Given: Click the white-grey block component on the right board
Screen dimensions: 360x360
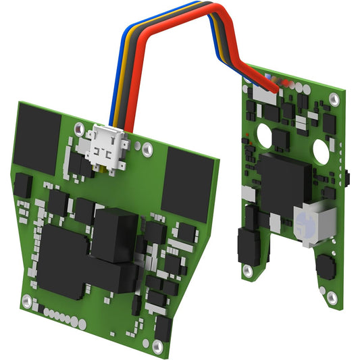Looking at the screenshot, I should [x=313, y=223].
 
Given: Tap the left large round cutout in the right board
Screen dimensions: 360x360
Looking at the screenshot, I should [x=266, y=136].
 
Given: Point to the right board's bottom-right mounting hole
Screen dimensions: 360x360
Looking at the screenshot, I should [x=330, y=297].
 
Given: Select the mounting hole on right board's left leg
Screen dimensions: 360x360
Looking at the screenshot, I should [x=248, y=269].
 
